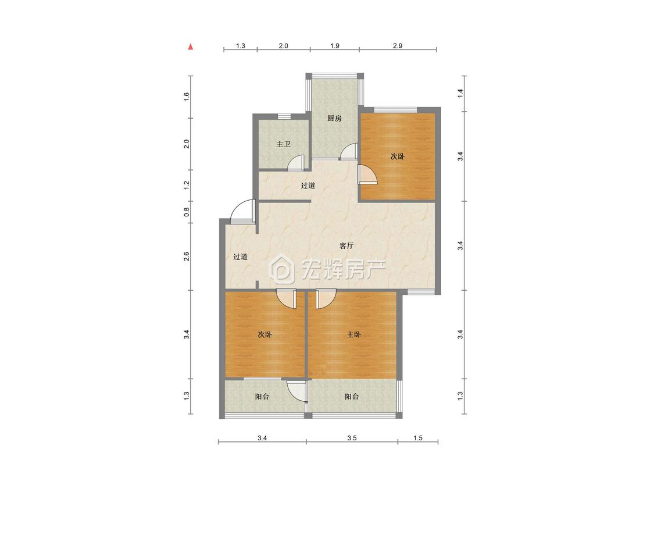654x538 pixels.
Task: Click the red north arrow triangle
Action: [x=191, y=47]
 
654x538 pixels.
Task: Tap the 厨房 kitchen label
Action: [x=334, y=118]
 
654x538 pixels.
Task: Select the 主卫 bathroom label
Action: [x=283, y=144]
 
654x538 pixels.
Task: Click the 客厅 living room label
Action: [x=346, y=245]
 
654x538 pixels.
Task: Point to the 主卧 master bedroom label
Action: [x=353, y=334]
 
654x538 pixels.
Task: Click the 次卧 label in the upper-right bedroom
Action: [x=398, y=156]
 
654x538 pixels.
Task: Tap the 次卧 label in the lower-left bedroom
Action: [x=265, y=334]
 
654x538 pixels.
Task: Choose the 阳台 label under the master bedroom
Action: [x=352, y=397]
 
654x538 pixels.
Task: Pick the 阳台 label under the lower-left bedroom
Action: [x=262, y=397]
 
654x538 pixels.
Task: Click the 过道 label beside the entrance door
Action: [x=240, y=256]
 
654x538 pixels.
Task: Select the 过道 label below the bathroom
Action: [x=308, y=186]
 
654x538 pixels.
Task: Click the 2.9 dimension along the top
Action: [x=398, y=46]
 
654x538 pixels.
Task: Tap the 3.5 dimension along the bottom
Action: [x=352, y=438]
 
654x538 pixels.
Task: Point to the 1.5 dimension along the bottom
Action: [x=418, y=438]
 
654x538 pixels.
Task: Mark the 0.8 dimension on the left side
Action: [x=187, y=212]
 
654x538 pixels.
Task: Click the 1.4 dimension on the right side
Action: [x=460, y=94]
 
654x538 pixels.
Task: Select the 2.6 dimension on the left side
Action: [x=187, y=256]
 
